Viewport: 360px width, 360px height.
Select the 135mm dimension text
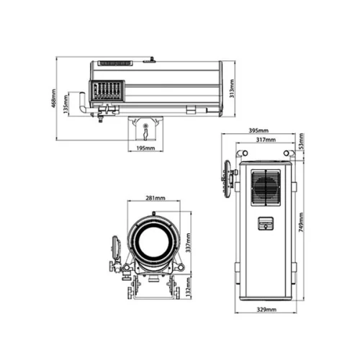66,106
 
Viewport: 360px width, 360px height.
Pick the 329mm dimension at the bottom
267,310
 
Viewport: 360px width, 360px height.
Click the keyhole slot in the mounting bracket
146,130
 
